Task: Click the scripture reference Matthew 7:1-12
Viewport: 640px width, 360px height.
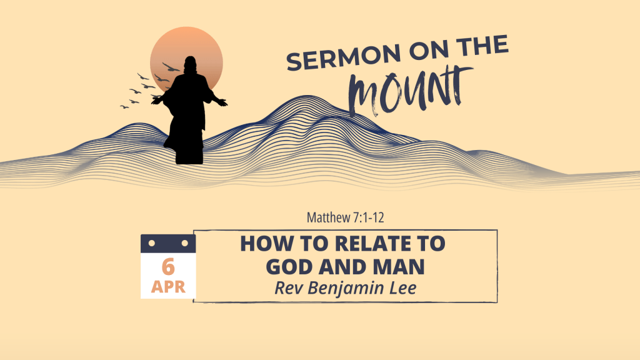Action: coord(345,217)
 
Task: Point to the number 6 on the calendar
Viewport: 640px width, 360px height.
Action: coord(168,267)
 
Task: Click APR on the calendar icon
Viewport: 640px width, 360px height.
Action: coord(168,287)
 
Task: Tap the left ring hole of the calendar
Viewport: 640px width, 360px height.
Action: coord(152,243)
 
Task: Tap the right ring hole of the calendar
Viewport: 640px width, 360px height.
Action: coord(184,243)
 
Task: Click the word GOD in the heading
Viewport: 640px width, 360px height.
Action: coord(289,267)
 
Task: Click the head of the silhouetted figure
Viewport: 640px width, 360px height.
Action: coord(190,64)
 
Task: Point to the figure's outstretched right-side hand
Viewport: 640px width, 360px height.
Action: coord(222,102)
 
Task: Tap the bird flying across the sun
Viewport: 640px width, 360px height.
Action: coord(171,67)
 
